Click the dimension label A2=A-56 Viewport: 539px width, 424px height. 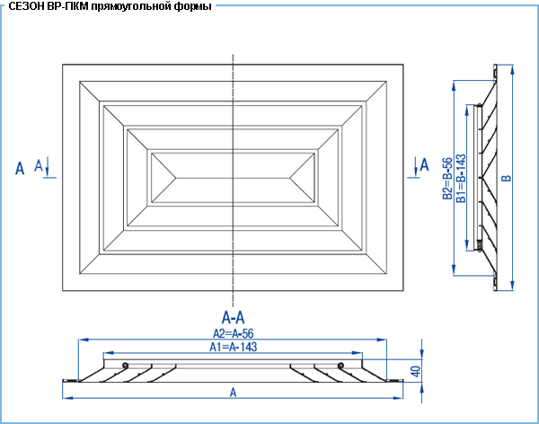tap(233, 333)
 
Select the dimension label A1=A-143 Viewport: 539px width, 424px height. tap(233, 347)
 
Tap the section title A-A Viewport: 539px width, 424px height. tap(233, 318)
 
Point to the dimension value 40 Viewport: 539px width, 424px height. tap(416, 371)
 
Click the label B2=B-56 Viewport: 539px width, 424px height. tap(447, 179)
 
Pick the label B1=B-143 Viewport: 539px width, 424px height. tap(461, 178)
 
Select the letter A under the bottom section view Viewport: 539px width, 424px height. tap(233, 393)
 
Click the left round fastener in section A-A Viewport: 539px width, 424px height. tap(125, 366)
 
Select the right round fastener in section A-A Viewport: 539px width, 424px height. tap(340, 366)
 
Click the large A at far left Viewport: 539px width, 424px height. tap(20, 169)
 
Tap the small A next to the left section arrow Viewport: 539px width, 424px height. tap(39, 165)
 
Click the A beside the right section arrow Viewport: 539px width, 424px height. tap(425, 164)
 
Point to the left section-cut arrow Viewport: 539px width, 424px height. tap(48, 167)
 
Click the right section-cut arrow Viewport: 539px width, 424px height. tap(416, 167)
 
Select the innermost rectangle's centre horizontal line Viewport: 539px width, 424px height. tap(233, 178)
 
